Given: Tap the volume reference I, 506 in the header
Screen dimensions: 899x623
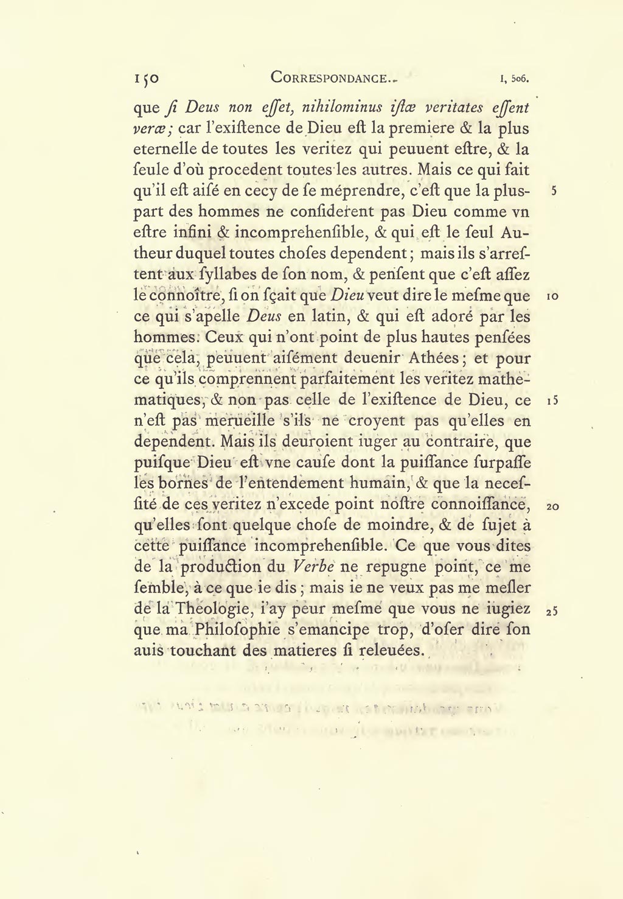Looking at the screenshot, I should coord(513,79).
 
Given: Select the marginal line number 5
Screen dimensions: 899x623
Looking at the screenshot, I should coord(553,191).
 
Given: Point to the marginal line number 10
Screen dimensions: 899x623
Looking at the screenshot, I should coord(552,296).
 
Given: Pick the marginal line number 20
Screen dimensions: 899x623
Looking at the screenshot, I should coord(552,506).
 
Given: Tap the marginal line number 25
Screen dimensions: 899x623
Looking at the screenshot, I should coord(552,611).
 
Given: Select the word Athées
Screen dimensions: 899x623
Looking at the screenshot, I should coord(437,359).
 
